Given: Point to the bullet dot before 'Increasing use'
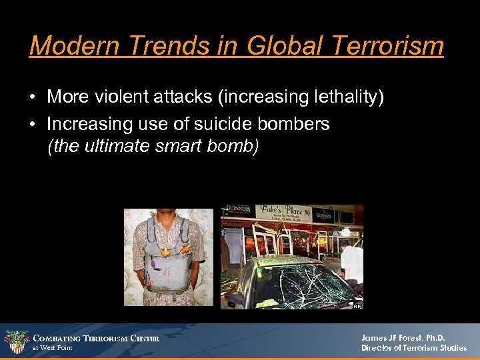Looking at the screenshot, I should (33, 125).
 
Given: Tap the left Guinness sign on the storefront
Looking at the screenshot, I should (237, 209).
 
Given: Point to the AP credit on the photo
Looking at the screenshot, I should (357, 305).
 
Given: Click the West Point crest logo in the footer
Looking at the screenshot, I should (15, 341).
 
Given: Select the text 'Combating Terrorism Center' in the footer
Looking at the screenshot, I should (96, 339).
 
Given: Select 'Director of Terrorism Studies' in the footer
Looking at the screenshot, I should (414, 348).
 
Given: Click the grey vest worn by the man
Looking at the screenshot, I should (167, 267).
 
